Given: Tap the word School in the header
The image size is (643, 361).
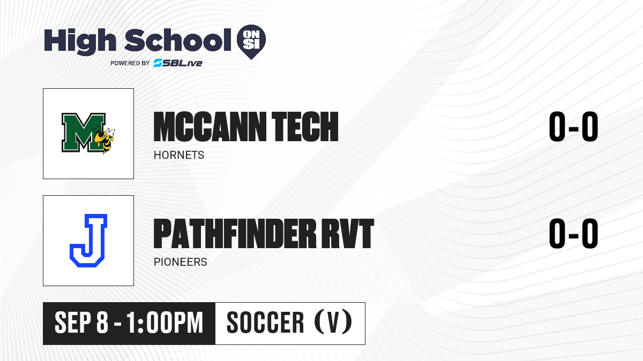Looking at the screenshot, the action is click(x=178, y=40).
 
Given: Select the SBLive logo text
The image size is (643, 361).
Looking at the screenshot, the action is click(x=178, y=63).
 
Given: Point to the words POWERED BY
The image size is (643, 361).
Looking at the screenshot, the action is click(x=130, y=63).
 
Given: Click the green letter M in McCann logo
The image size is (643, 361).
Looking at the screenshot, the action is click(x=83, y=132).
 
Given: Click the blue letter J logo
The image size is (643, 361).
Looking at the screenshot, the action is click(x=88, y=240).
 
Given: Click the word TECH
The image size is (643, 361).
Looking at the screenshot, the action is click(x=305, y=127).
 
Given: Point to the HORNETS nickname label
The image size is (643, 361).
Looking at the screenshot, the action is click(x=179, y=155).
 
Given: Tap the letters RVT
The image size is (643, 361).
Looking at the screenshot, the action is click(x=348, y=234).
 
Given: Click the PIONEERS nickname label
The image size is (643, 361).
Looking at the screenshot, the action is click(x=180, y=262).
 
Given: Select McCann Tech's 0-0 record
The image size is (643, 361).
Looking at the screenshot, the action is click(x=573, y=126).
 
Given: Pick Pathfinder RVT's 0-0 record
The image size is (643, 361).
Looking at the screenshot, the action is click(x=573, y=233).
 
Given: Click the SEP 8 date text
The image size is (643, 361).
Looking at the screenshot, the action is click(x=81, y=322).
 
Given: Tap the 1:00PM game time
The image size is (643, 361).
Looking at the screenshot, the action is click(x=165, y=322).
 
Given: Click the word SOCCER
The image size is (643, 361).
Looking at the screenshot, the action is click(x=265, y=322).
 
